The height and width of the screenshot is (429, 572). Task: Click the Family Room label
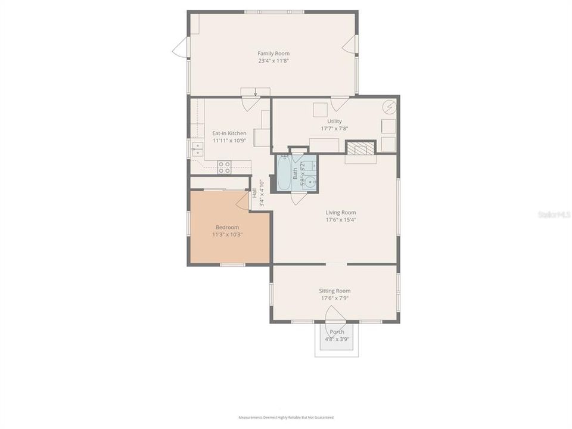273,54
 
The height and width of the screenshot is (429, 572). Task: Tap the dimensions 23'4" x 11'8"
273,61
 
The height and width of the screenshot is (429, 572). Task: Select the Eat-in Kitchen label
229,133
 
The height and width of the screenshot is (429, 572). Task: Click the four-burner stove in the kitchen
225,167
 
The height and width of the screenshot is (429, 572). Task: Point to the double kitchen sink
197,148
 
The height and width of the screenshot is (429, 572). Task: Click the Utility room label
334,122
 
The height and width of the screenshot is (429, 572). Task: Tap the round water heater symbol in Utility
389,107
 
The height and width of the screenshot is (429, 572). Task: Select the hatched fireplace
361,148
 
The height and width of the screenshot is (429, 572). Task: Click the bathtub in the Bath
284,173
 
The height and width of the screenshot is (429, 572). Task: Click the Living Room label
341,213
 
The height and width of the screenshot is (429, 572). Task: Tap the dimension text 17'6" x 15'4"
341,220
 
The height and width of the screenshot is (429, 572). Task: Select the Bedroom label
227,228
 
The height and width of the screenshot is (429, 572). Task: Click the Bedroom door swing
243,201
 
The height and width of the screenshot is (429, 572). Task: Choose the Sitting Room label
335,291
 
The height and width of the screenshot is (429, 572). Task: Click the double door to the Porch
335,313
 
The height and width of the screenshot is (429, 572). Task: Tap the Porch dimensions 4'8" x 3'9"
337,340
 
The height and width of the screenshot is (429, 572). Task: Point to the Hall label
254,193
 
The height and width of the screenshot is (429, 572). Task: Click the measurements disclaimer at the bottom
286,418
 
